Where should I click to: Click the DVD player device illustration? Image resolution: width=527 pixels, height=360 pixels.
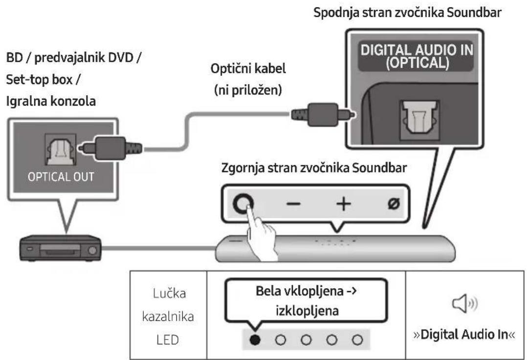pyautogui.click(x=60, y=249)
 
